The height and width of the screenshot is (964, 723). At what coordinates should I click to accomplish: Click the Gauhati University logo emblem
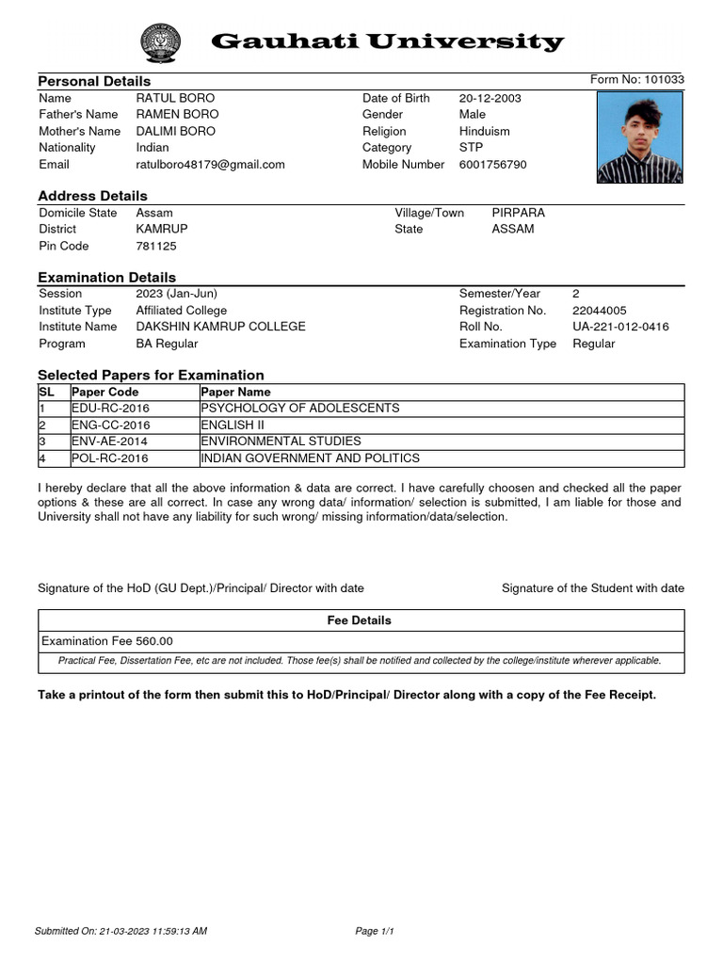(x=164, y=43)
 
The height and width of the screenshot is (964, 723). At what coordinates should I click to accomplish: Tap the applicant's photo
(x=639, y=137)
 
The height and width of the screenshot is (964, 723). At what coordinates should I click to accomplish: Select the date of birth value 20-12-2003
(x=490, y=99)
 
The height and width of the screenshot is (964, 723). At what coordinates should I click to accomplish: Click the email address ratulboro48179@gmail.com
(x=210, y=165)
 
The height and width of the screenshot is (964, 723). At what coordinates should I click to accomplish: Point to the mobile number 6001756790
(x=492, y=165)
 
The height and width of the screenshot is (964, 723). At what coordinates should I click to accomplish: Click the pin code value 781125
(x=156, y=247)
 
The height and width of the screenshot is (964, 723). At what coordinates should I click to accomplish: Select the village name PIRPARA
(x=518, y=214)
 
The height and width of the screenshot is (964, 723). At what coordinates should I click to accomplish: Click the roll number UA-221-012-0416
(x=620, y=327)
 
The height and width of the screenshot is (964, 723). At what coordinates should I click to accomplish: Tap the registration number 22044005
(x=599, y=311)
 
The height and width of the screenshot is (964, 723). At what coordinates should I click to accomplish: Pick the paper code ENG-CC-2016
(x=110, y=426)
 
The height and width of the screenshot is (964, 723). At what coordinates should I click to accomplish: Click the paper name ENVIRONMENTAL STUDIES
(x=281, y=442)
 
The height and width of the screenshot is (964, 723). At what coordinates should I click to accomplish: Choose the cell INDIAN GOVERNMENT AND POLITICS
(x=310, y=458)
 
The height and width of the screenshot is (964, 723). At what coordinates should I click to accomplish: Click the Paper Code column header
(x=104, y=392)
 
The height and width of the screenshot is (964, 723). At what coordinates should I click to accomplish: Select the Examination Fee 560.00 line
(x=107, y=641)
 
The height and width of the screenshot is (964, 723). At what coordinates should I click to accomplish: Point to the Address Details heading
(x=92, y=196)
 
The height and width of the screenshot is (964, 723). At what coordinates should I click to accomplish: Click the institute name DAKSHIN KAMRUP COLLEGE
(x=220, y=327)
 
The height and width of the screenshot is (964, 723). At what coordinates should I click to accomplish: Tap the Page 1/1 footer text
(x=374, y=932)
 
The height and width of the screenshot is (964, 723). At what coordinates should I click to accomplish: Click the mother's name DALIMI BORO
(x=175, y=132)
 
